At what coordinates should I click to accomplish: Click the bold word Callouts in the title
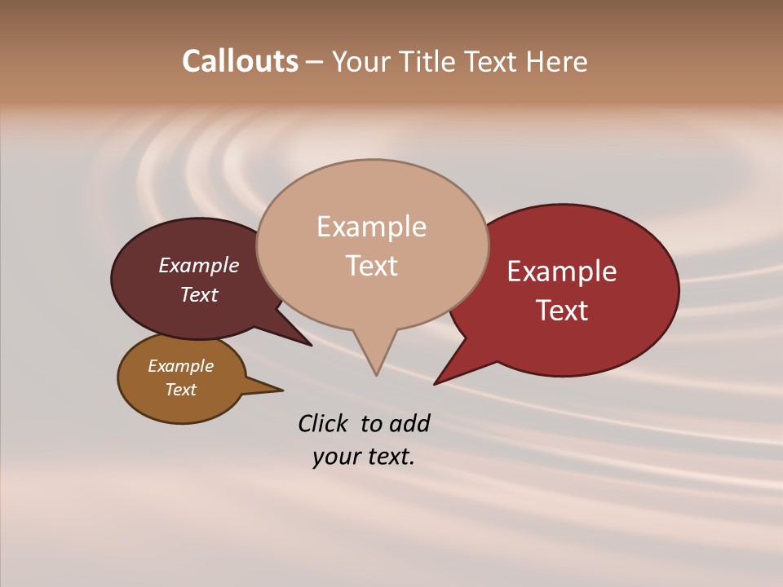coord(240,61)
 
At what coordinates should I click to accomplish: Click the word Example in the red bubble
coord(562,271)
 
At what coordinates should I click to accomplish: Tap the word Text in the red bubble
coord(562,311)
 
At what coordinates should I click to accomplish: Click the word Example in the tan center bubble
coord(371,227)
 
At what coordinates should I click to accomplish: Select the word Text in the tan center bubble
coord(372,266)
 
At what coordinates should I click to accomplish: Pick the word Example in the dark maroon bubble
coord(198,266)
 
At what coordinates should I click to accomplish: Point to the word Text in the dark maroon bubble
coord(199,295)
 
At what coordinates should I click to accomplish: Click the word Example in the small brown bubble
coord(180,366)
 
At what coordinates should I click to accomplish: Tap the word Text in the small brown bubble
coord(181,390)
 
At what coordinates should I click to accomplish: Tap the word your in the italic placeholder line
coord(335,457)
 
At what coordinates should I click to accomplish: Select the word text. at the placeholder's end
coord(388,457)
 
